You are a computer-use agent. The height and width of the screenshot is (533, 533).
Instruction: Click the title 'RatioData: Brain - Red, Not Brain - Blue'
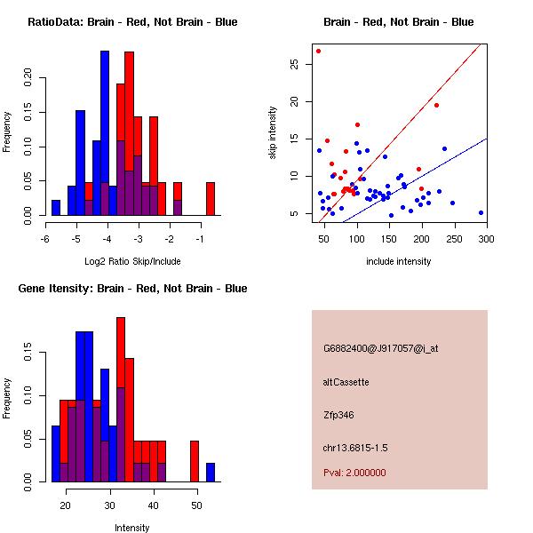pos(132,22)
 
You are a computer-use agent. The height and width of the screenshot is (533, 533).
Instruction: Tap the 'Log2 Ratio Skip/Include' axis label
pos(132,261)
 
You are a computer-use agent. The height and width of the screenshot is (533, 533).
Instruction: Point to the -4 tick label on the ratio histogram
pos(107,239)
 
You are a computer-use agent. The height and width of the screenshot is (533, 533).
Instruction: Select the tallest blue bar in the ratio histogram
pos(105,133)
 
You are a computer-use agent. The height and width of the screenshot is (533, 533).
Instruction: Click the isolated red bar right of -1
pos(211,199)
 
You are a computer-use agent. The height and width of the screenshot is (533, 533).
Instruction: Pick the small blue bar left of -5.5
pos(56,208)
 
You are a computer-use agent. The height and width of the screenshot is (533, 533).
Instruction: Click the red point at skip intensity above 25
pos(318,51)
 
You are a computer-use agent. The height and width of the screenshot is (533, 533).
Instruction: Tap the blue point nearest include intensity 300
pos(481,213)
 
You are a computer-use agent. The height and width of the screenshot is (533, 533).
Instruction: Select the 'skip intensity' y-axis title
pos(273,133)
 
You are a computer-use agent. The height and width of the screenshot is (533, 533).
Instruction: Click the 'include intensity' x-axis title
pos(398,261)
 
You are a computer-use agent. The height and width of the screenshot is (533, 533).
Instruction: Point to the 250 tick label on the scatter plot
pos(455,239)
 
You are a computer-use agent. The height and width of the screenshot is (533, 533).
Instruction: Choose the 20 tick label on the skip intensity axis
pos(294,101)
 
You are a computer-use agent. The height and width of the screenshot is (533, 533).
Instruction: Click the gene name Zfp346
pos(338,415)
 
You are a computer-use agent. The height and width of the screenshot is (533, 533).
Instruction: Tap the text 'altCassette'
pos(346,382)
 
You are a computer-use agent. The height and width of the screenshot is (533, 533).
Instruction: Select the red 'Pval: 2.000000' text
pos(354,473)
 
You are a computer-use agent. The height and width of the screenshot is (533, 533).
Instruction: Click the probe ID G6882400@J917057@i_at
pos(381,349)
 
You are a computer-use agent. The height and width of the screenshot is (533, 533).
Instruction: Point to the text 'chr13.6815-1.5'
pos(355,448)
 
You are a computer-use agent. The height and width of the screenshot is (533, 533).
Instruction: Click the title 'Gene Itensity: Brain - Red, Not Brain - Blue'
pos(132,289)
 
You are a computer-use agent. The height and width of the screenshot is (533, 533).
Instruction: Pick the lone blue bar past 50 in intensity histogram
pos(211,473)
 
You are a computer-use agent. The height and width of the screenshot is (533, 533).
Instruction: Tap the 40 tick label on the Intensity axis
pos(154,505)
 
